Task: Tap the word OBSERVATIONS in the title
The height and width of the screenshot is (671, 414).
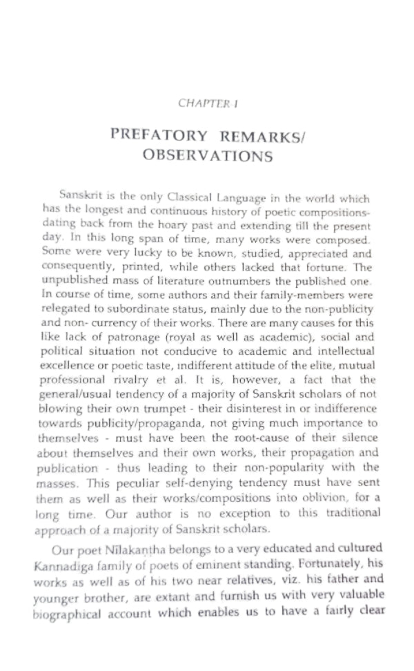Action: click(207, 156)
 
